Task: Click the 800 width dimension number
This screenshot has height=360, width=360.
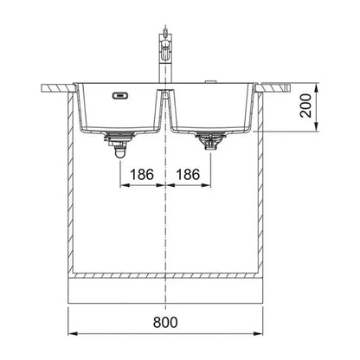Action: click(165, 322)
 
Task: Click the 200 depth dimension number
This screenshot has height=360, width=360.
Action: click(306, 106)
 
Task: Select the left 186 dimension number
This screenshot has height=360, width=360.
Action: click(142, 175)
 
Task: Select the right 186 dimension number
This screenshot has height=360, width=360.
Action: click(188, 175)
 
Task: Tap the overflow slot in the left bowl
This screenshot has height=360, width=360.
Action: click(120, 95)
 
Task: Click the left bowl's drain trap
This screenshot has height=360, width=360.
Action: click(119, 144)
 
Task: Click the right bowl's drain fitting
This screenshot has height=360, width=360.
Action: click(211, 140)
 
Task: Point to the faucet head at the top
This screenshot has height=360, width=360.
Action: click(164, 42)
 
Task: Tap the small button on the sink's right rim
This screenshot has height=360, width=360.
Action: click(210, 82)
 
